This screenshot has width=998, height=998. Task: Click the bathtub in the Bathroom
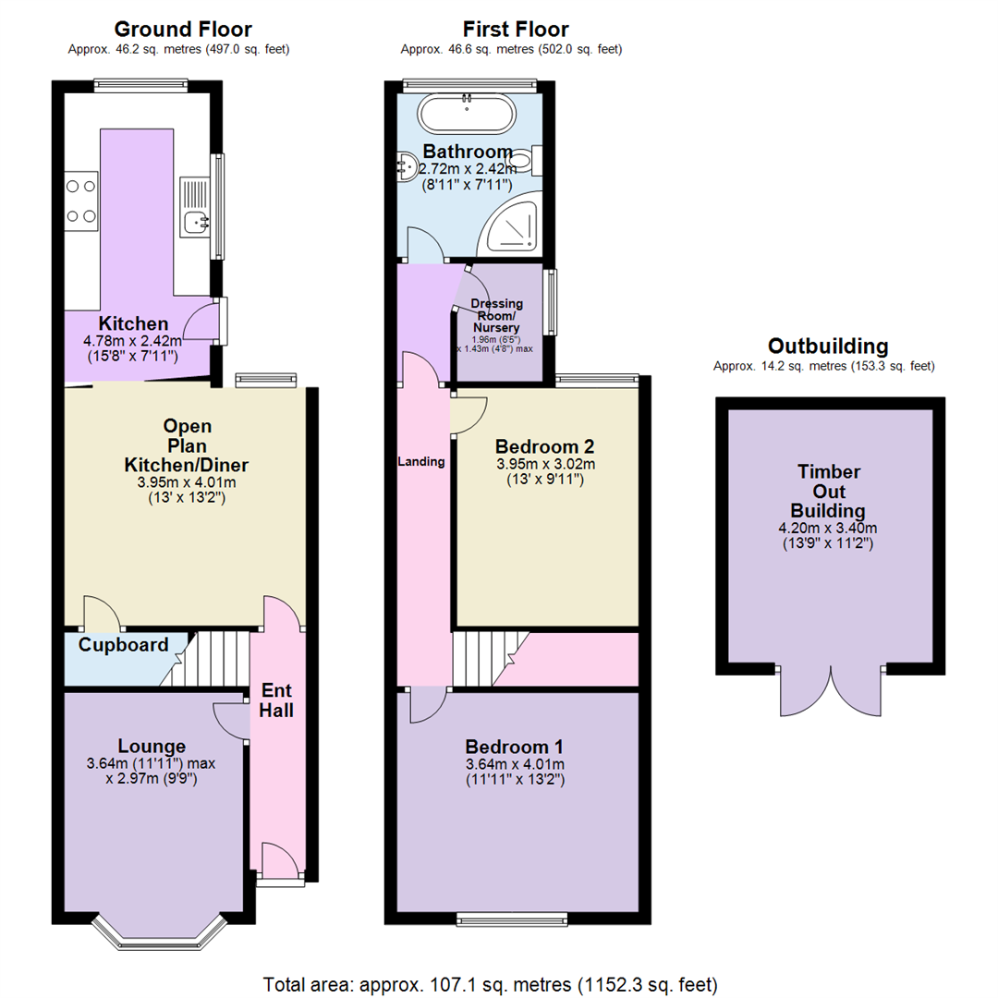466,116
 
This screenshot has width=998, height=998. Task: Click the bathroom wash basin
406,166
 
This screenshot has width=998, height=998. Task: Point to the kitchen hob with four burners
81,201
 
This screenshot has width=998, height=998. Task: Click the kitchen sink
195,220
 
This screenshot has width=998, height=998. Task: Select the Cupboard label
123,645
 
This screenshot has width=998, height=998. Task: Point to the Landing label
421,461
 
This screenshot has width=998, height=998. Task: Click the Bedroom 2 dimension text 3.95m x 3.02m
544,464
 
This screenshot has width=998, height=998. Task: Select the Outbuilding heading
828,347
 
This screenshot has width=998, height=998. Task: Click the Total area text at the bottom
490,983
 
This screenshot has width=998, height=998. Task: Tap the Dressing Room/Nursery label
497,315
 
